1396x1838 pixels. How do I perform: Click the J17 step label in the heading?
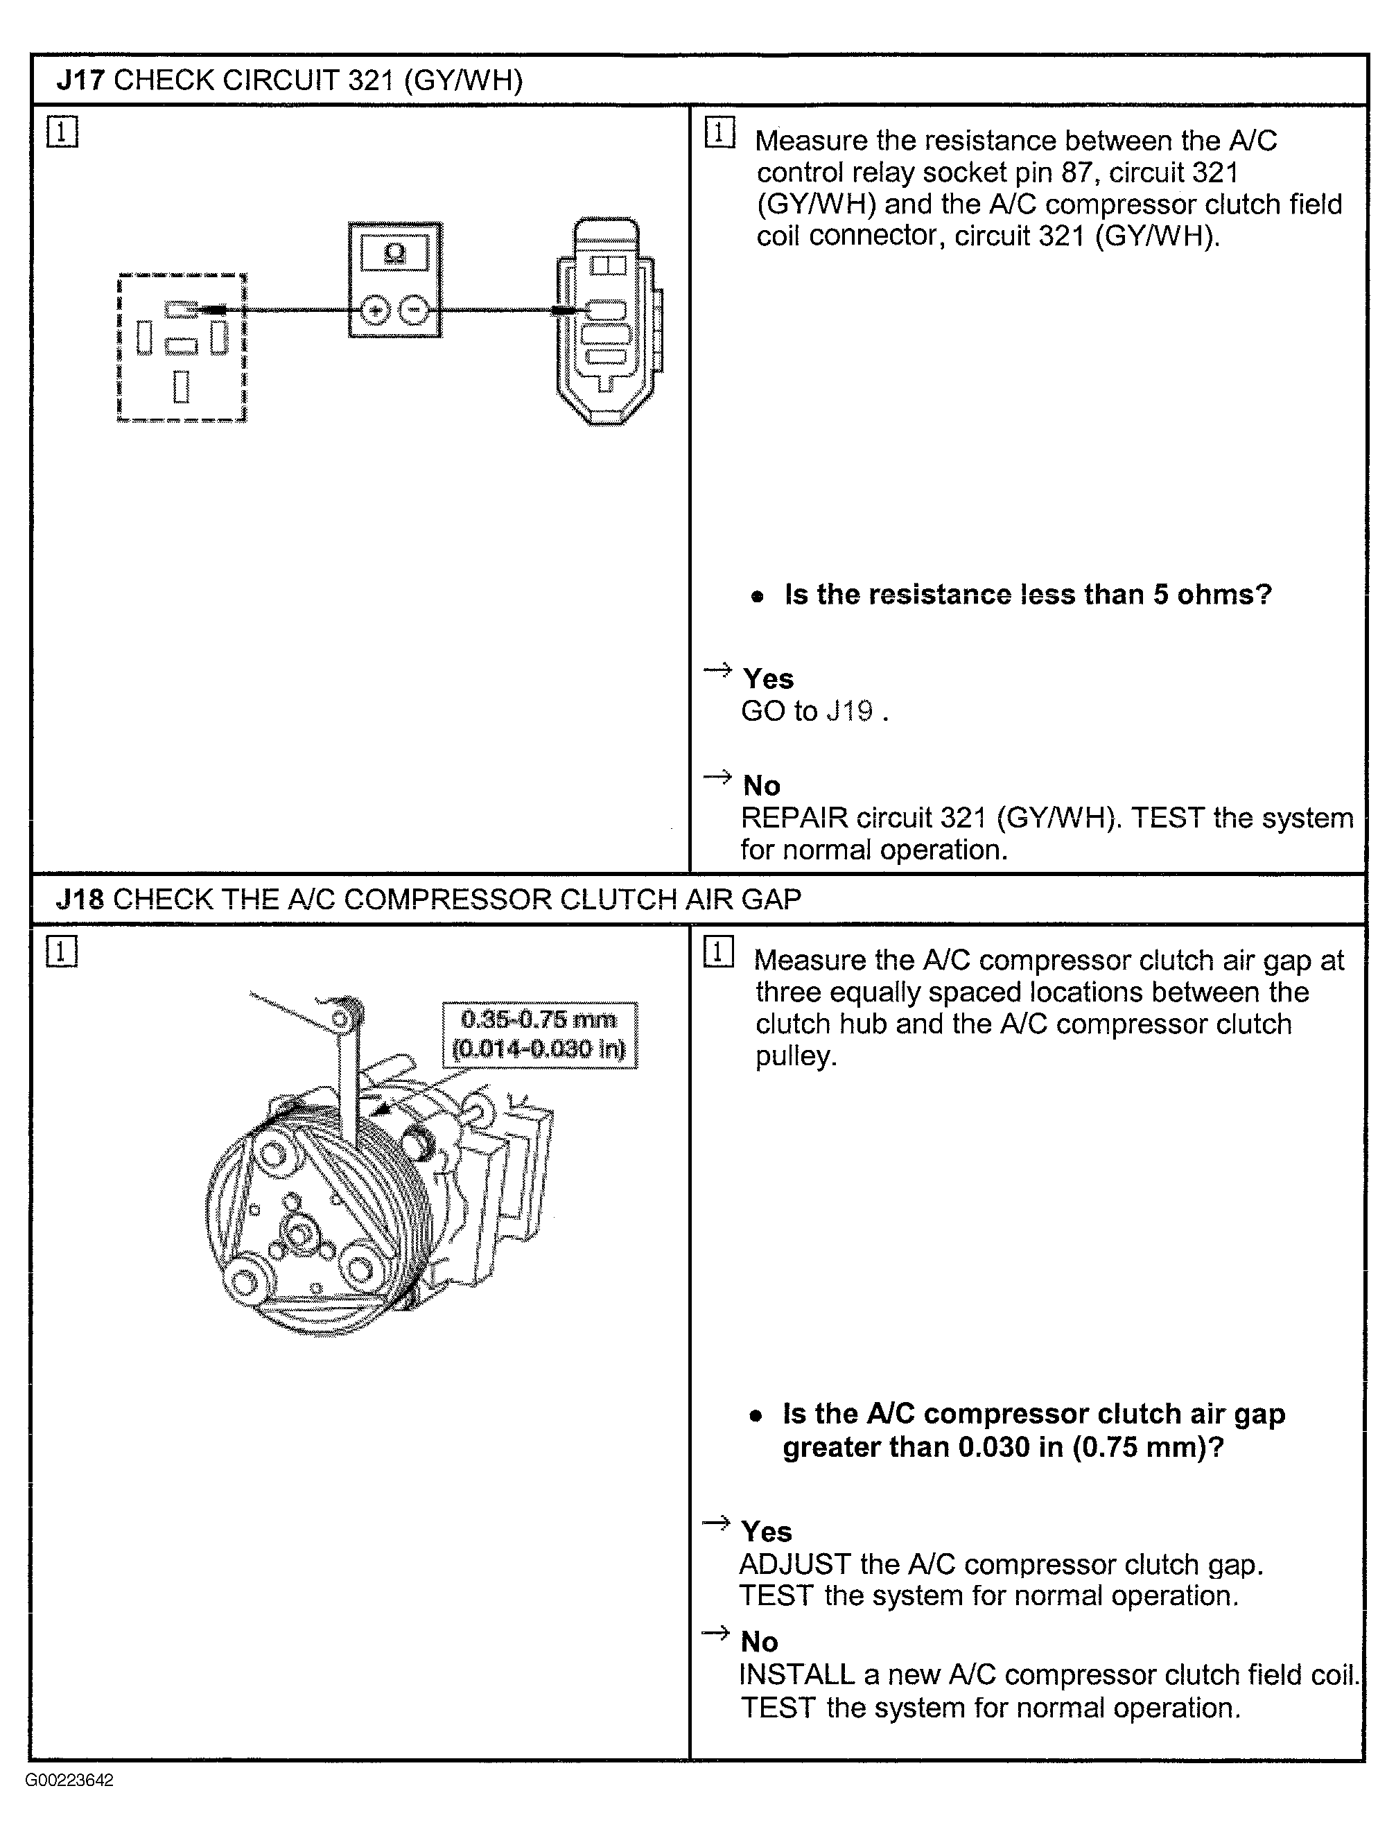(x=80, y=80)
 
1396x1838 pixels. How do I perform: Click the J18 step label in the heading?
(x=80, y=899)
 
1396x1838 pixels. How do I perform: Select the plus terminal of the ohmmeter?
(x=375, y=310)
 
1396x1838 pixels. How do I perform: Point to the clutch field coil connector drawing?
(x=609, y=322)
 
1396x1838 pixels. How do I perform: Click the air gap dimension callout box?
(x=540, y=1035)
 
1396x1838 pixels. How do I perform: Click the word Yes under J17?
(x=768, y=679)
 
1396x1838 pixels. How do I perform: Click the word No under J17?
(x=761, y=785)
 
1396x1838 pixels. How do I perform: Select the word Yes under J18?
(x=766, y=1532)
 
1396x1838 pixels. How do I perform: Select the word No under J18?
(x=760, y=1642)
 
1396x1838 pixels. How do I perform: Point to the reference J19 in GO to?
(x=850, y=711)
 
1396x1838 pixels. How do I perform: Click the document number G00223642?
(x=69, y=1780)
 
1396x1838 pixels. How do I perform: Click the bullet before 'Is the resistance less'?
(x=756, y=597)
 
